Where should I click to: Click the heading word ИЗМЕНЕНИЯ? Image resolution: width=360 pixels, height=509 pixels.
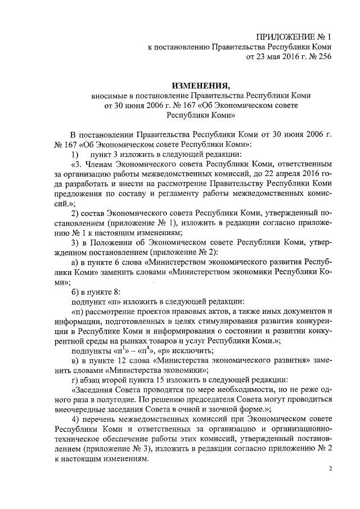[200, 85]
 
